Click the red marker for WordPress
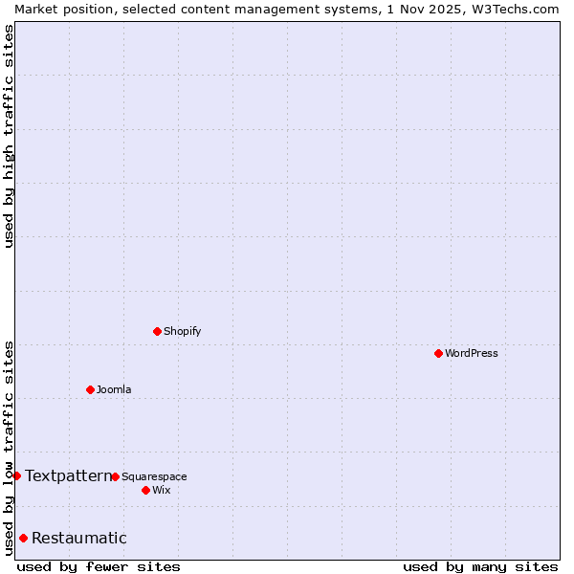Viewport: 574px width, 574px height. [x=438, y=353]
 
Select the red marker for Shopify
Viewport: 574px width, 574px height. [x=157, y=331]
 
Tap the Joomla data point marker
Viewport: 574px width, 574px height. [x=90, y=389]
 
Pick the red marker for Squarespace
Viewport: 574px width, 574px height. [x=115, y=476]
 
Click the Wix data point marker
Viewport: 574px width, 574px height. [x=145, y=490]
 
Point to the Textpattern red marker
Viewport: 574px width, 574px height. [x=16, y=475]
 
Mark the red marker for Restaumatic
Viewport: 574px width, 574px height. [x=23, y=538]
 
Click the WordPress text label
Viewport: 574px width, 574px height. [x=472, y=353]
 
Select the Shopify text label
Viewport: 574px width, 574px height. [x=183, y=331]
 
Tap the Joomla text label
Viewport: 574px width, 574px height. [x=114, y=389]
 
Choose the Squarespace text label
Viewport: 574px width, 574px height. [x=154, y=476]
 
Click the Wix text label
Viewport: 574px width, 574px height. [x=161, y=490]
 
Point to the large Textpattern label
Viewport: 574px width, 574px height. [x=68, y=475]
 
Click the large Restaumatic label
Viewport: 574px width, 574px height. [x=78, y=538]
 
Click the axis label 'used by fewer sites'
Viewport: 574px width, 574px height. [x=99, y=566]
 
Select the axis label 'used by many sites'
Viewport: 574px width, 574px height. [x=480, y=566]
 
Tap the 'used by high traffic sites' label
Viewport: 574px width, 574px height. [x=9, y=136]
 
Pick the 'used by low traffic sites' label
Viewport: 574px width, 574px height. [x=9, y=448]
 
